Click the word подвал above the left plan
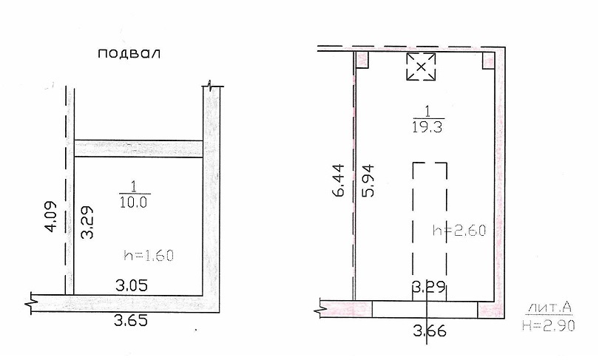tap(129, 53)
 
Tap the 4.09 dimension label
tap(51, 216)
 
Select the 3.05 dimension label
tap(132, 285)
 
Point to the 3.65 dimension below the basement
tap(131, 320)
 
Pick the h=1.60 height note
tap(149, 255)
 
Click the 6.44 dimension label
tap(339, 180)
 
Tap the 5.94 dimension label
tap(368, 180)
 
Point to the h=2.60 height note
tap(459, 231)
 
